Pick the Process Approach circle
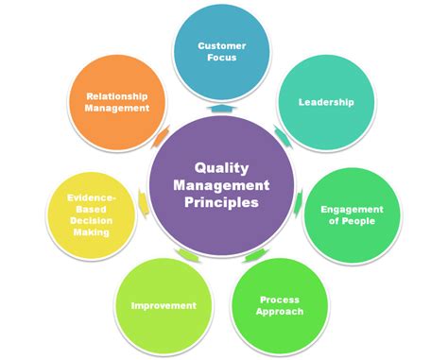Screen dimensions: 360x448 (x=279, y=304)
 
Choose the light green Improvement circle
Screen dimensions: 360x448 (x=164, y=304)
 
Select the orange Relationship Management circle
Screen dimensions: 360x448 (x=118, y=101)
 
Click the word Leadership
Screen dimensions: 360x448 (x=325, y=101)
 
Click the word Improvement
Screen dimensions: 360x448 (x=164, y=305)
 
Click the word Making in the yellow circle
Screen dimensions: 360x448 (x=92, y=231)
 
